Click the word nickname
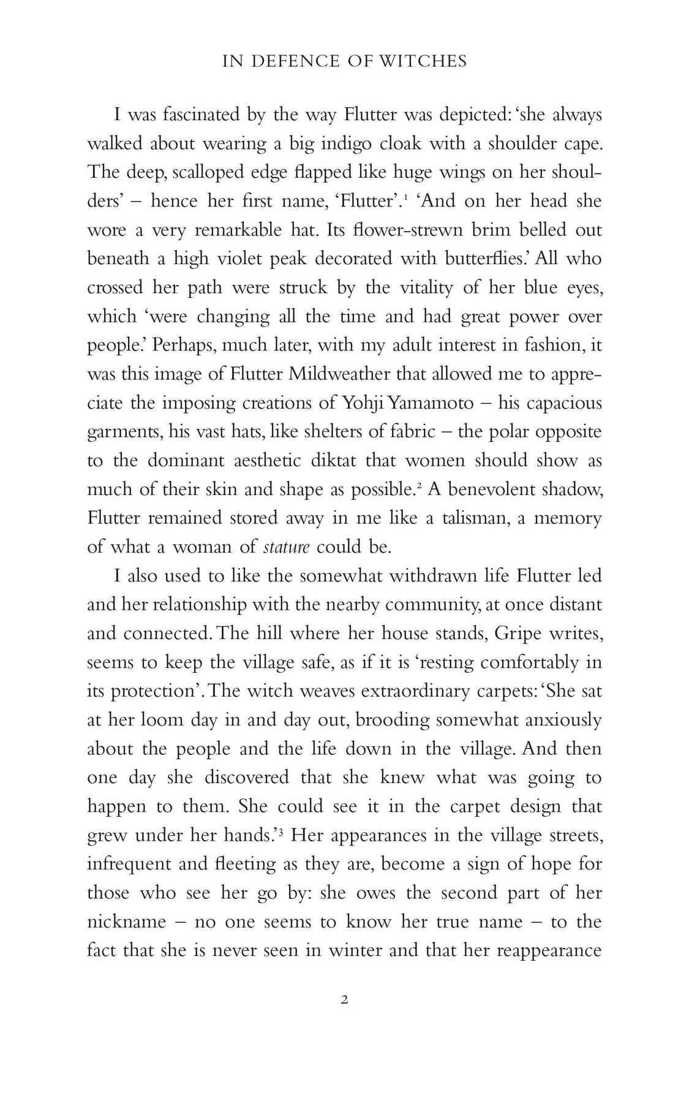(127, 922)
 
